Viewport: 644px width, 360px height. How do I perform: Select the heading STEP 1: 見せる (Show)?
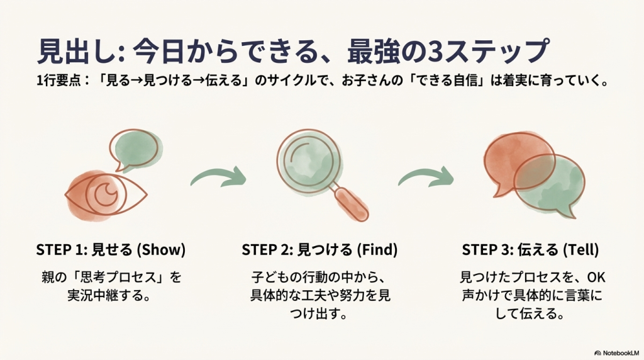click(111, 250)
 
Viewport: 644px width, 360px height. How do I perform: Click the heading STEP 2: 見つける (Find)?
click(319, 250)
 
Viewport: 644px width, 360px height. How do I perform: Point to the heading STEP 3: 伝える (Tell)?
click(530, 250)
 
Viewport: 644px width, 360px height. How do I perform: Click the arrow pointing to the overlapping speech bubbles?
click(426, 177)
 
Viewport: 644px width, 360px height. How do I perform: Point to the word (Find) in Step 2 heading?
click(377, 250)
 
